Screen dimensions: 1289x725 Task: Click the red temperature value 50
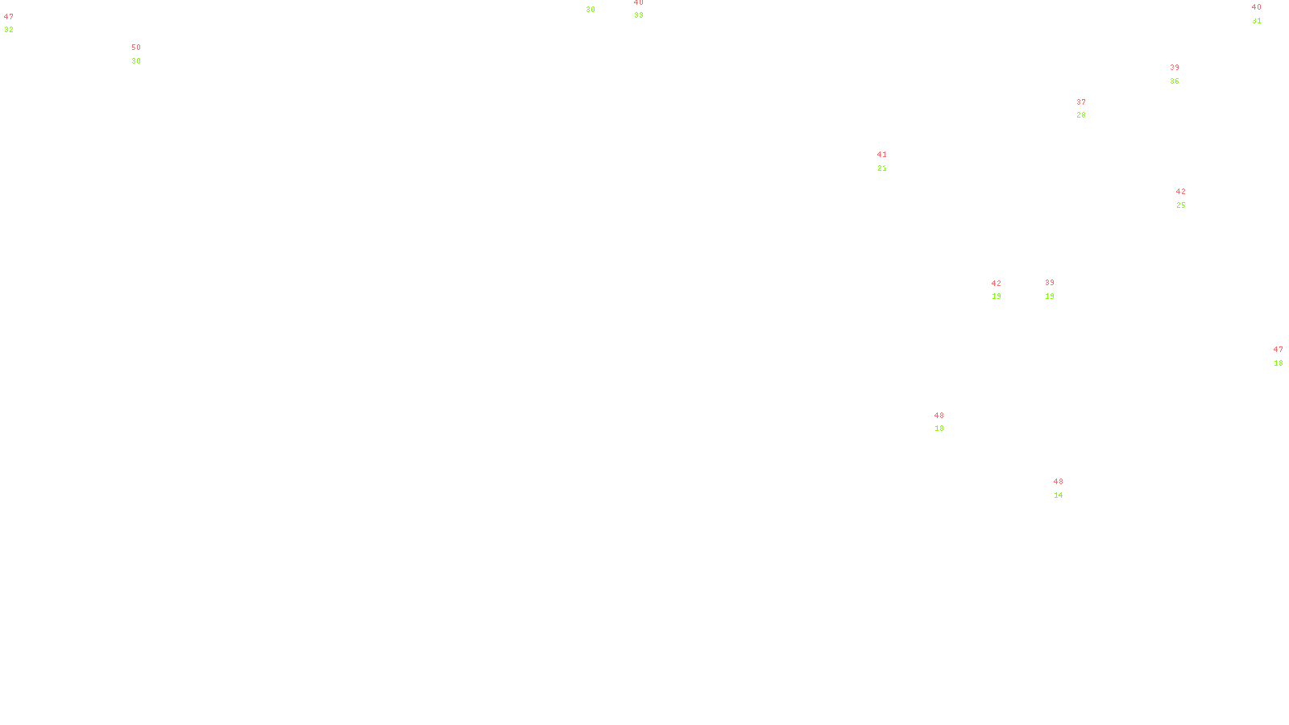pyautogui.click(x=136, y=48)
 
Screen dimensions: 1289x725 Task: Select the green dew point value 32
pyautogui.click(x=9, y=30)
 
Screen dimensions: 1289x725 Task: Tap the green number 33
pyautogui.click(x=639, y=15)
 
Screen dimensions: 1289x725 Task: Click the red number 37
pyautogui.click(x=1081, y=102)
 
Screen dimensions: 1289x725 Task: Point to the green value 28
pyautogui.click(x=1081, y=115)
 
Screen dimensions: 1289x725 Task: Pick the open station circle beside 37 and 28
pyautogui.click(x=1089, y=109)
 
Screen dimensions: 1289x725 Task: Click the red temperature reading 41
pyautogui.click(x=882, y=155)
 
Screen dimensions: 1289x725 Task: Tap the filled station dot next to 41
pyautogui.click(x=889, y=161)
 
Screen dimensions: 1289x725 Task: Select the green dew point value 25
pyautogui.click(x=1181, y=205)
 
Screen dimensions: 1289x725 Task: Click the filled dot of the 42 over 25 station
pyautogui.click(x=1189, y=198)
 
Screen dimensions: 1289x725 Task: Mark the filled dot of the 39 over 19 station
pyautogui.click(x=1057, y=289)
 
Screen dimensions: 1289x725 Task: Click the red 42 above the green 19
pyautogui.click(x=997, y=284)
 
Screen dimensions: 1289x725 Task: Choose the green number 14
pyautogui.click(x=1059, y=495)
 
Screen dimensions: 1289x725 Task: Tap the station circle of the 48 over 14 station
pyautogui.click(x=1067, y=488)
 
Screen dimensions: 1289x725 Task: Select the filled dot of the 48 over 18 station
pyautogui.click(x=947, y=422)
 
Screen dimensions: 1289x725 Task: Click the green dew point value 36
pyautogui.click(x=1175, y=81)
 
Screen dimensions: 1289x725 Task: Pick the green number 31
pyautogui.click(x=1257, y=21)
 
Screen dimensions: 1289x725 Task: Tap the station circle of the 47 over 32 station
pyautogui.click(x=17, y=23)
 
